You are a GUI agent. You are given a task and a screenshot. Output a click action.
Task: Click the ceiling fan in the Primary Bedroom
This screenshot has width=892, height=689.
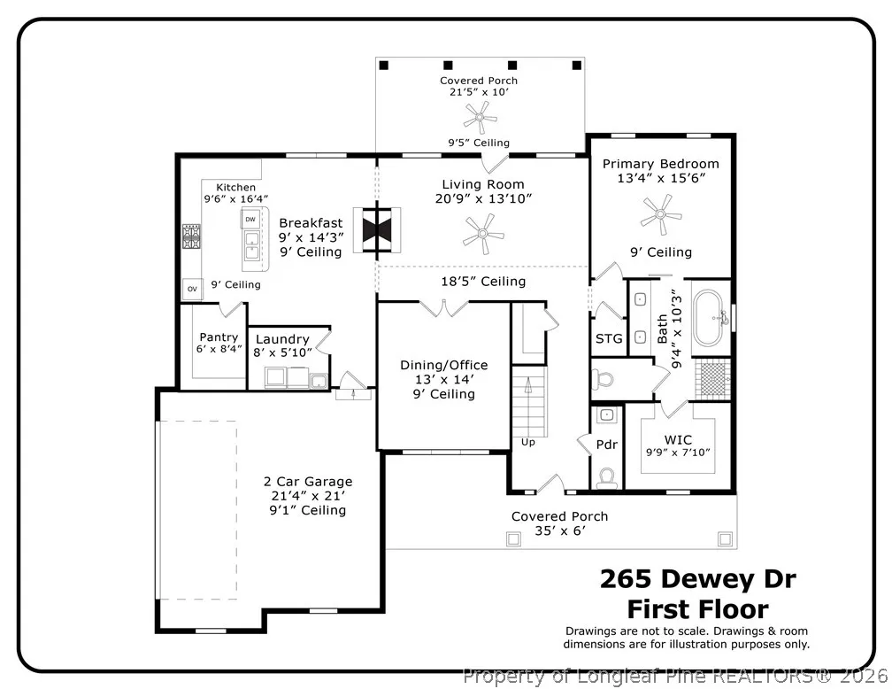coord(660,214)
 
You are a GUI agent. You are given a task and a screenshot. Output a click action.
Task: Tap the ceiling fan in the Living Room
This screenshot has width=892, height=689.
coord(483,234)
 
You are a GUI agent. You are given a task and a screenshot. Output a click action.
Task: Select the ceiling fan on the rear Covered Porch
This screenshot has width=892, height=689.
coord(480,118)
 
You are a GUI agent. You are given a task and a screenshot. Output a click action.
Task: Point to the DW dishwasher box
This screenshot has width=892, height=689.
coord(250,220)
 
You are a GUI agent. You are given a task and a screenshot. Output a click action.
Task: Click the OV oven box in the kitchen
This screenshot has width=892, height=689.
coord(192,289)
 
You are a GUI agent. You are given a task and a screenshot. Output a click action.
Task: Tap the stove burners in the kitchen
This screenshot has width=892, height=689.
coord(191,236)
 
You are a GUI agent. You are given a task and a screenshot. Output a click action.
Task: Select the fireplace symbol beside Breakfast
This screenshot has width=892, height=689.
coord(377,230)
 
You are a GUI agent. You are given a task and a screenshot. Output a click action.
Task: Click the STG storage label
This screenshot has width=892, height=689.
coord(609,339)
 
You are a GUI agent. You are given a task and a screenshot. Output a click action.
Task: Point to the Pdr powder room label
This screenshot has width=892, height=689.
coord(607,445)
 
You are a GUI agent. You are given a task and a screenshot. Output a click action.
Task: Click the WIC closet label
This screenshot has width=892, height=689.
coord(678,439)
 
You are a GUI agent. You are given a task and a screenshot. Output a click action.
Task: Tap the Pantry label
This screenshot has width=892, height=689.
coord(219,337)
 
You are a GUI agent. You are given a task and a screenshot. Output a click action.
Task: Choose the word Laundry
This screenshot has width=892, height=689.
coord(282,339)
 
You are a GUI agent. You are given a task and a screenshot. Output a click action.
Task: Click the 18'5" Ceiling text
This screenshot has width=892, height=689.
coord(483,282)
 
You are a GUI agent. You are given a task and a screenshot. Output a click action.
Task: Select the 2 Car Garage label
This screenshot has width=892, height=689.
coord(308,482)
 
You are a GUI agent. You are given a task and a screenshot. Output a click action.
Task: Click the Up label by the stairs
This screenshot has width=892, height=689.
coord(528,443)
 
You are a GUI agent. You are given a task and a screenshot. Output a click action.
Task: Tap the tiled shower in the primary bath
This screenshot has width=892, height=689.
coord(712,377)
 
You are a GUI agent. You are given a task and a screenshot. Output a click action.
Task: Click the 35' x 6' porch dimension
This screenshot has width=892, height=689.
coord(560,530)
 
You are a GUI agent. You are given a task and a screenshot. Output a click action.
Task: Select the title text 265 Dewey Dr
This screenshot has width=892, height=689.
coord(698,579)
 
